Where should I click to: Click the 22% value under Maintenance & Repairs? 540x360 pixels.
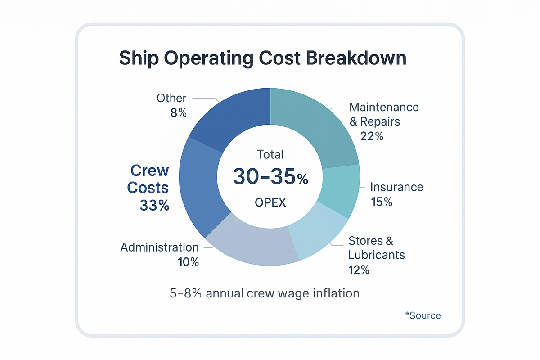372,136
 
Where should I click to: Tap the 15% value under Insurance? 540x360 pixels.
381,202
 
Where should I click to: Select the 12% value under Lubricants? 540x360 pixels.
359,270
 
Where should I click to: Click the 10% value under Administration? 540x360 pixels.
188,262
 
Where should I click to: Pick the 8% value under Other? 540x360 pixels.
179,113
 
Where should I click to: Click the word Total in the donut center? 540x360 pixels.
270,155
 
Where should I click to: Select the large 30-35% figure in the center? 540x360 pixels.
270,177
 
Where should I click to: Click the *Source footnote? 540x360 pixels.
423,315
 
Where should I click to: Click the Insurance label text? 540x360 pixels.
396,187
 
